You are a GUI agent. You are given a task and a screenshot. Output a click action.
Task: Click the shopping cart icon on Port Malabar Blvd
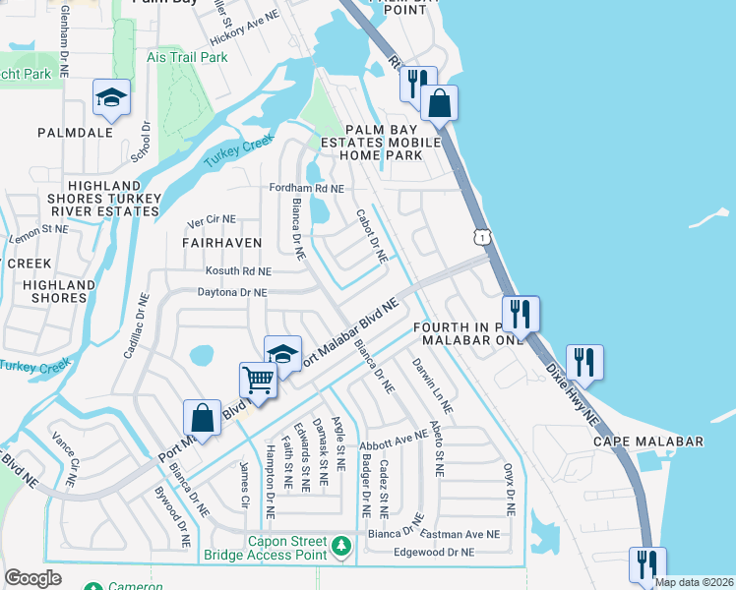(257, 378)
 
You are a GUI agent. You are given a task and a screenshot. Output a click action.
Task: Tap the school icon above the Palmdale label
(111, 96)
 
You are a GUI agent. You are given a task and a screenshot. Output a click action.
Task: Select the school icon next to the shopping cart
(282, 354)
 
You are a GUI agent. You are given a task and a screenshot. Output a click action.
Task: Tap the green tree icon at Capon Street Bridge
(341, 545)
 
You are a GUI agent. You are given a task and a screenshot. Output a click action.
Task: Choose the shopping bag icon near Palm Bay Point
(440, 101)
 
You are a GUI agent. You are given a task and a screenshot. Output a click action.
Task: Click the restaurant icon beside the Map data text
(646, 563)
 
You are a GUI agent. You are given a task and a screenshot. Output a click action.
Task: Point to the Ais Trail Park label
(187, 58)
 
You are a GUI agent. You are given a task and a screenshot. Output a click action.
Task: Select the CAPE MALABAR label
(647, 442)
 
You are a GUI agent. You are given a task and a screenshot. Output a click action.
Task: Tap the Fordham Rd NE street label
(307, 188)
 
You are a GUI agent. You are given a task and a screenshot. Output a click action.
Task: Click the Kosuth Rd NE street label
(237, 271)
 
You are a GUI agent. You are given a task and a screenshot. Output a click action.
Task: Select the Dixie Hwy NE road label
(574, 389)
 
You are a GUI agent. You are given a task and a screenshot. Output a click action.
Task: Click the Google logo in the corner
(33, 578)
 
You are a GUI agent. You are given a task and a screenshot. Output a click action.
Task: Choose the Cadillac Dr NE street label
(137, 325)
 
